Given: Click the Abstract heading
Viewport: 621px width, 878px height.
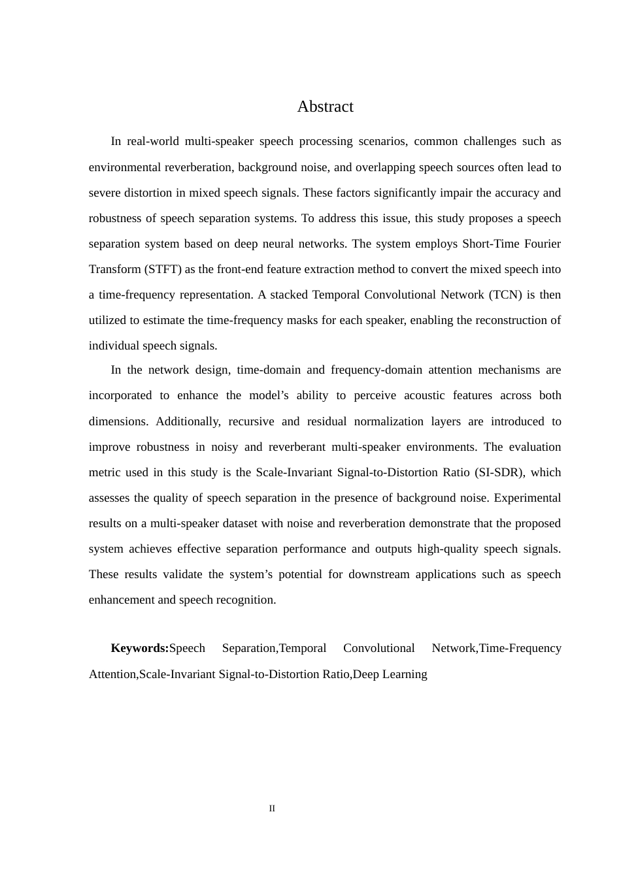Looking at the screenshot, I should coord(325,106).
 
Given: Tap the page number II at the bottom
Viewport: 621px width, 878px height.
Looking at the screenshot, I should coord(272,809).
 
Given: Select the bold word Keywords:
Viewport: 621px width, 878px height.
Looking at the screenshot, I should coord(139,648).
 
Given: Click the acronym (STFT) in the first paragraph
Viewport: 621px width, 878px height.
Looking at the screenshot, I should coord(163,269).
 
